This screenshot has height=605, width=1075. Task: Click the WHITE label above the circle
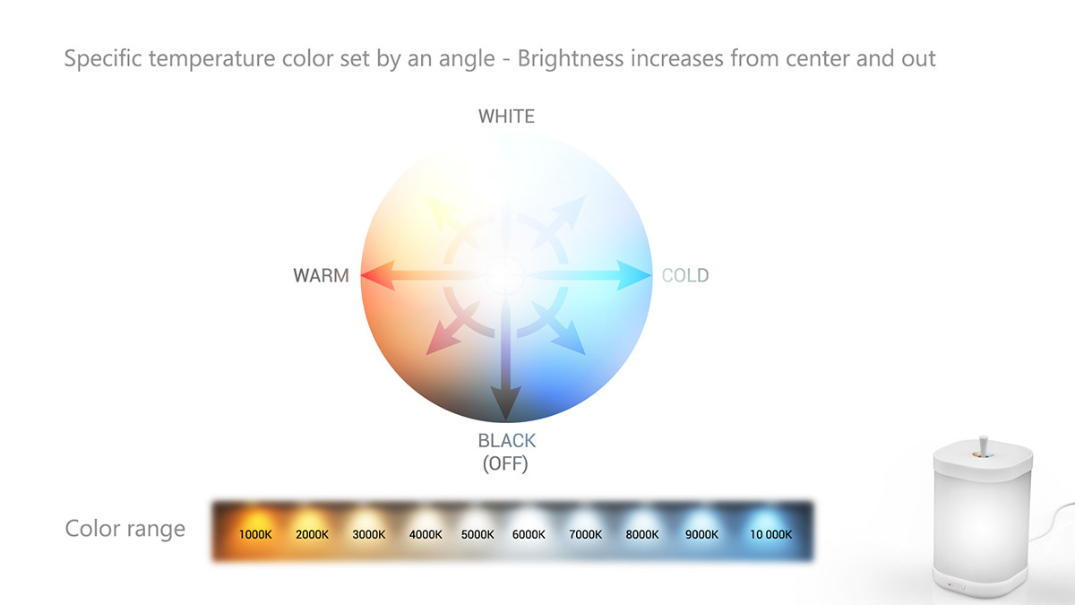[506, 117]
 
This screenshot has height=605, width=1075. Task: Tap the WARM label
[321, 276]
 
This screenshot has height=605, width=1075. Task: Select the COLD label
[685, 275]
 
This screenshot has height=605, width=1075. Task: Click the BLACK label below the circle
[506, 441]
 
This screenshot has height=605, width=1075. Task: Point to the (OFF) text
[506, 463]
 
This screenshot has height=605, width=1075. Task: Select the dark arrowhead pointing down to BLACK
[506, 406]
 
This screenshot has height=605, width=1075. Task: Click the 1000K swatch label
[255, 535]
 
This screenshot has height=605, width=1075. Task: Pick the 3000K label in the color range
[368, 535]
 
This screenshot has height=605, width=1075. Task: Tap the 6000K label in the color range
[529, 535]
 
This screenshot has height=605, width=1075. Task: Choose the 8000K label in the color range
[642, 535]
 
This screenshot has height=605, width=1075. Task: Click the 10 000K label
[770, 535]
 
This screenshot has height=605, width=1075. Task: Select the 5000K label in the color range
[477, 535]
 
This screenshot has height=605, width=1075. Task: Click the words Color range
[125, 529]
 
